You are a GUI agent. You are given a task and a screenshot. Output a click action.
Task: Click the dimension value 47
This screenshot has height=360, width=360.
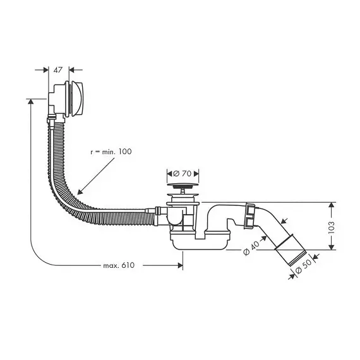click(58, 70)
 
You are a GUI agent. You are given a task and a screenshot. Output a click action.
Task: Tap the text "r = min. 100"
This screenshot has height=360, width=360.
click(111, 152)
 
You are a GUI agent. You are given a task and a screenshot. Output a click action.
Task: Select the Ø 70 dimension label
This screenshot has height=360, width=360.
click(183, 174)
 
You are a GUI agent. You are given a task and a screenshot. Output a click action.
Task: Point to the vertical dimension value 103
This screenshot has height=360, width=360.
click(332, 227)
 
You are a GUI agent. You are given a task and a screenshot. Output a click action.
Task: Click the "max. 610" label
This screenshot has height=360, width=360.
click(119, 265)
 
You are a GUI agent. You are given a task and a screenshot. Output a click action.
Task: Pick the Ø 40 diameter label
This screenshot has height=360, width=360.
click(251, 248)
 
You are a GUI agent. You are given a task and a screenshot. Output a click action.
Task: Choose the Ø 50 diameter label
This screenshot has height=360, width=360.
click(303, 267)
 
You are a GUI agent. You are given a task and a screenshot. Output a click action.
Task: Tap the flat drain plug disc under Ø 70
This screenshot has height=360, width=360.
click(183, 184)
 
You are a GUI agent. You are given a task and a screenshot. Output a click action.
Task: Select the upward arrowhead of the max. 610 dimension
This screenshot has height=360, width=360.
click(30, 101)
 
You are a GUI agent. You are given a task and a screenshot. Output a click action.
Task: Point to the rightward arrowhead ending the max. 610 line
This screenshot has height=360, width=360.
click(181, 265)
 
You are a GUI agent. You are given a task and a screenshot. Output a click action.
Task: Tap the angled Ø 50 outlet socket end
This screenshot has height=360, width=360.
click(291, 250)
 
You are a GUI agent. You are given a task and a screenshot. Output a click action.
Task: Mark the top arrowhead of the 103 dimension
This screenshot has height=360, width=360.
click(332, 205)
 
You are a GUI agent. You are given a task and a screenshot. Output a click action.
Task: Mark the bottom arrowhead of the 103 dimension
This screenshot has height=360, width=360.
click(332, 247)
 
